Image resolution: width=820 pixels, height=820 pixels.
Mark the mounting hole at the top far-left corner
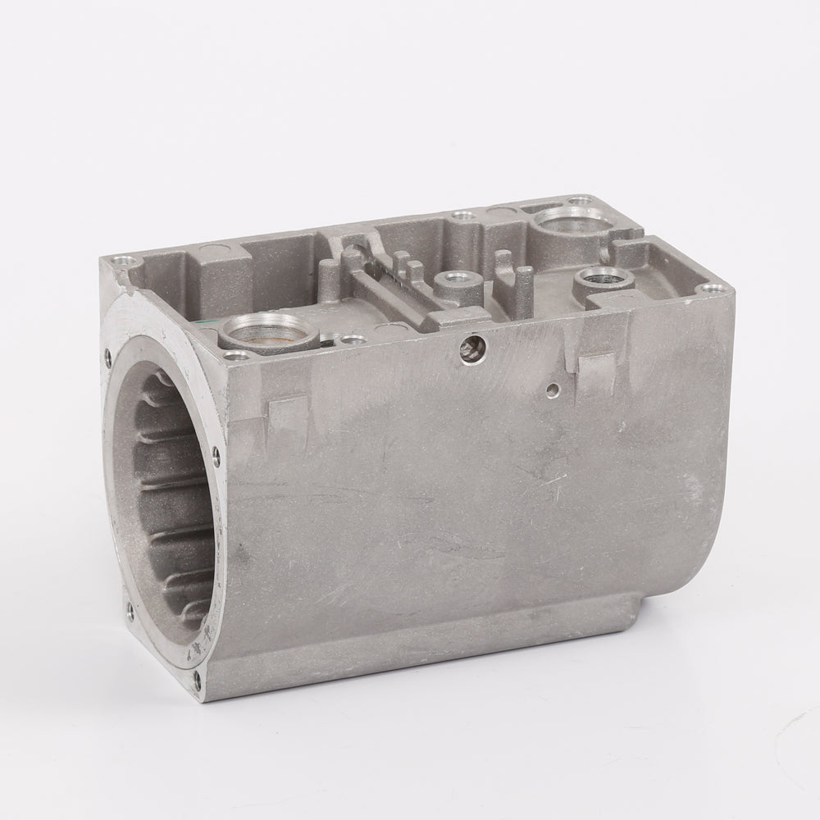pyautogui.click(x=122, y=262)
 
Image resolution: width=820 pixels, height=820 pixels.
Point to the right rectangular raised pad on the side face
pyautogui.click(x=599, y=371)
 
